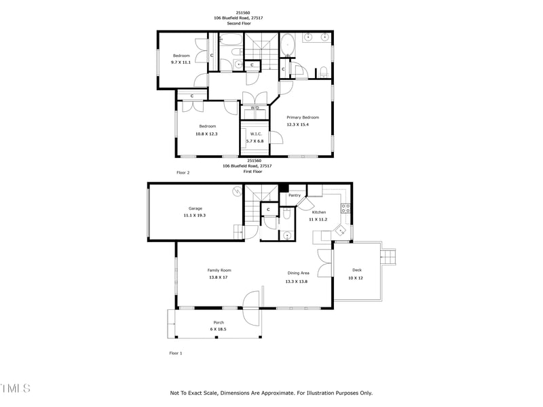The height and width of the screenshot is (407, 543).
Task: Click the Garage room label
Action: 195,208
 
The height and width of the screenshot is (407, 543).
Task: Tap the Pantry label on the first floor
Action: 295,195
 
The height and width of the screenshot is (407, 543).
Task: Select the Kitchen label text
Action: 318,212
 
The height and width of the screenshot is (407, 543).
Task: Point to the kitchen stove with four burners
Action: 345,208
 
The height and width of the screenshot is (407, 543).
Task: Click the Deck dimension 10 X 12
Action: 356,278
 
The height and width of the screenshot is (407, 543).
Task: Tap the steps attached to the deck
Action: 388,258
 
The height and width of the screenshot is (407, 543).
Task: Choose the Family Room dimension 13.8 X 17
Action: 219,278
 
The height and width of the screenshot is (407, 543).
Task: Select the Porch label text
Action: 219,322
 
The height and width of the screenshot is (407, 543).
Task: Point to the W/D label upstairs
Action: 255,109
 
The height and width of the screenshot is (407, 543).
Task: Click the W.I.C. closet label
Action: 256,134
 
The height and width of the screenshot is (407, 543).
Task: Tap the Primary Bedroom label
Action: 303,117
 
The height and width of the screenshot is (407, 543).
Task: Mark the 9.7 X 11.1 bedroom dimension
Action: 181,62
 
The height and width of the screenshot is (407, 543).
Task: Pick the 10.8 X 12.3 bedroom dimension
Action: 207,134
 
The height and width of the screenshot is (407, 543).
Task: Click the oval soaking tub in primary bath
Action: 288,45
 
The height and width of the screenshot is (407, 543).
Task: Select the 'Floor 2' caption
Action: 183,173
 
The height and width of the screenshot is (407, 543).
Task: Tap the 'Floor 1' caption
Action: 176,353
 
